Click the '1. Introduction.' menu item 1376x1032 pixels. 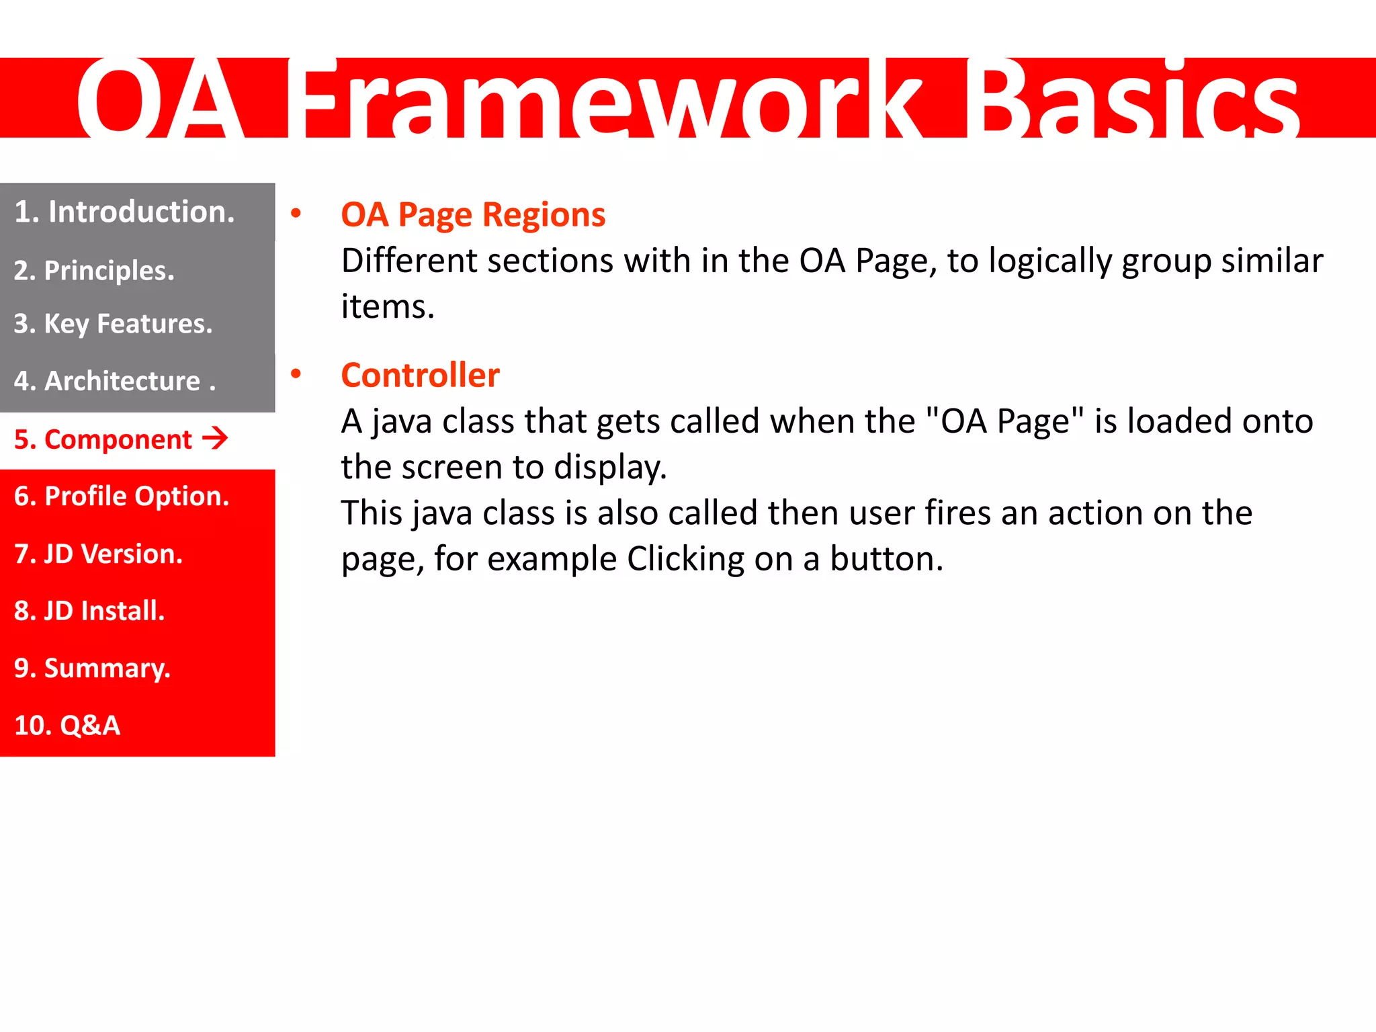point(124,212)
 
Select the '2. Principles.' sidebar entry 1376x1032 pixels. point(94,271)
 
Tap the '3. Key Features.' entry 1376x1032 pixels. point(113,324)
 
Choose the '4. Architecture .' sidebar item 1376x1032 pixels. point(114,381)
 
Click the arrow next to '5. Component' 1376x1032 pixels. point(215,439)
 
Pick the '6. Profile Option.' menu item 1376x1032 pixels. point(122,497)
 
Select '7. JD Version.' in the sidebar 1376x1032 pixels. point(98,554)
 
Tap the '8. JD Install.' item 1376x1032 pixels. point(89,611)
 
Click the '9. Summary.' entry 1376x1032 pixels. point(92,669)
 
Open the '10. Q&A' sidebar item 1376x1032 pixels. point(67,726)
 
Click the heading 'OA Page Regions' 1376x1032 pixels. point(473,215)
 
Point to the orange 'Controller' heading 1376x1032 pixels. point(420,375)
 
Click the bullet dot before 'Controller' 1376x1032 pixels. point(296,374)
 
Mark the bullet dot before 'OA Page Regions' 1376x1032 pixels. point(296,214)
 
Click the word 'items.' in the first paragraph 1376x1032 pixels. point(388,306)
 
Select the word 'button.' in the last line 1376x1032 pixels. point(886,559)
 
